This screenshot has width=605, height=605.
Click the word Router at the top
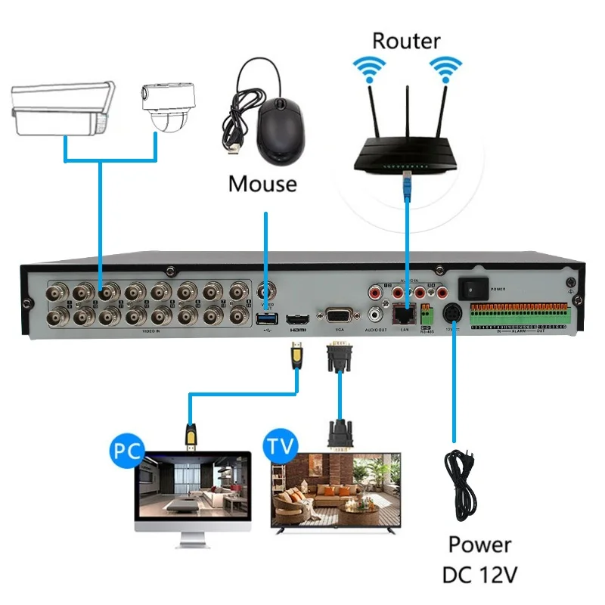(405, 39)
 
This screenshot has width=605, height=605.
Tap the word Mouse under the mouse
(262, 183)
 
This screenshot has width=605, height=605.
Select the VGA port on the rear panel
(338, 315)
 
